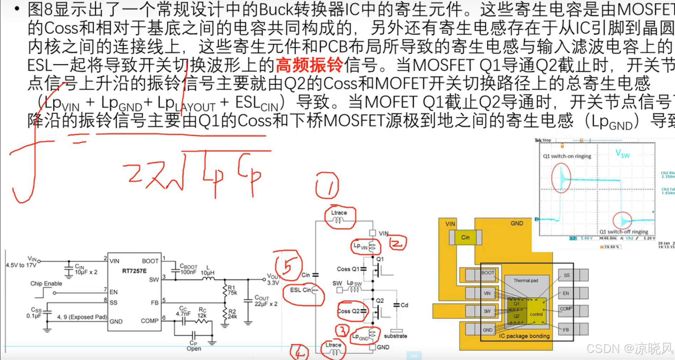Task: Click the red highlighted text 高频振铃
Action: tap(309, 65)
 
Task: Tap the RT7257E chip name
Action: tap(134, 271)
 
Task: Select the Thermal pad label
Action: tap(525, 281)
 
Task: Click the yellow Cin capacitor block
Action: tap(465, 238)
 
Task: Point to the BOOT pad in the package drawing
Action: tap(487, 273)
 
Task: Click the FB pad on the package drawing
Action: tap(566, 330)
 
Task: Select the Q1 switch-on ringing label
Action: tap(567, 156)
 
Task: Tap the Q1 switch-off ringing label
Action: tap(623, 232)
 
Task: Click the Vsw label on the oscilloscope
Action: tap(623, 154)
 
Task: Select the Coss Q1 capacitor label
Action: tap(348, 269)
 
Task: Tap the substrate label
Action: tap(395, 336)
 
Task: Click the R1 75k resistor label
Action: tap(232, 290)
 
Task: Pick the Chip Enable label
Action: tap(46, 283)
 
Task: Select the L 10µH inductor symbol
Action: tap(208, 279)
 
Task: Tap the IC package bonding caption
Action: tap(524, 336)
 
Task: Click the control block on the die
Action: tap(536, 314)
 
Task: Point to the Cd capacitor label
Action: tap(404, 305)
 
